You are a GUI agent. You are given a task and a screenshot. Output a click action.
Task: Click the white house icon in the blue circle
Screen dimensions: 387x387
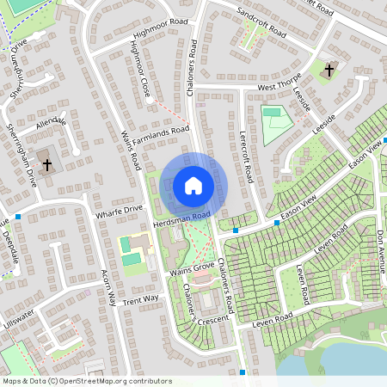coord(193,186)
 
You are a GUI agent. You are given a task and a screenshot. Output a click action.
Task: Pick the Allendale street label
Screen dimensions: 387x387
coord(51,125)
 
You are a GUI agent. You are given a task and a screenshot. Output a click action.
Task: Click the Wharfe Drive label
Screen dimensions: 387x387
coord(120,209)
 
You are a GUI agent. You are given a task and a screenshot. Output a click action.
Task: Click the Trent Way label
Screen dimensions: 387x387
coord(140,298)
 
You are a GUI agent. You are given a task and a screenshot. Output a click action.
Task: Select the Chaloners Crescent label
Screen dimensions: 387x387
coord(191,305)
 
